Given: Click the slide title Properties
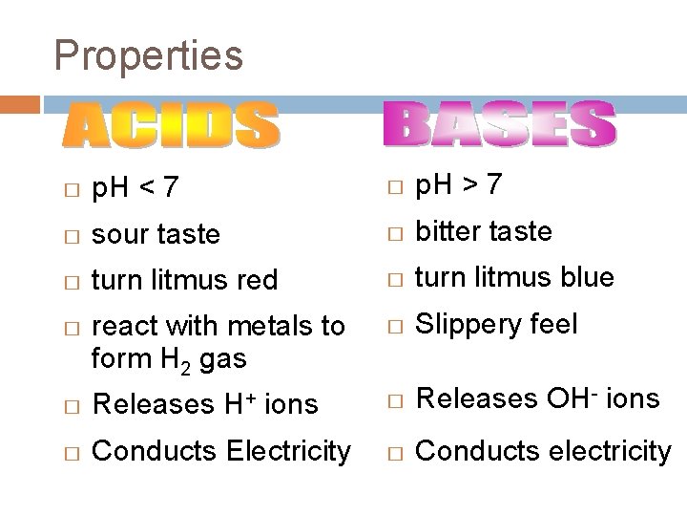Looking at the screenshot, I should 148,54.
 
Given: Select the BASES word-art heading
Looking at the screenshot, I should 499,126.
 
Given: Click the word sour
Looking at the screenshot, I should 115,234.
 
